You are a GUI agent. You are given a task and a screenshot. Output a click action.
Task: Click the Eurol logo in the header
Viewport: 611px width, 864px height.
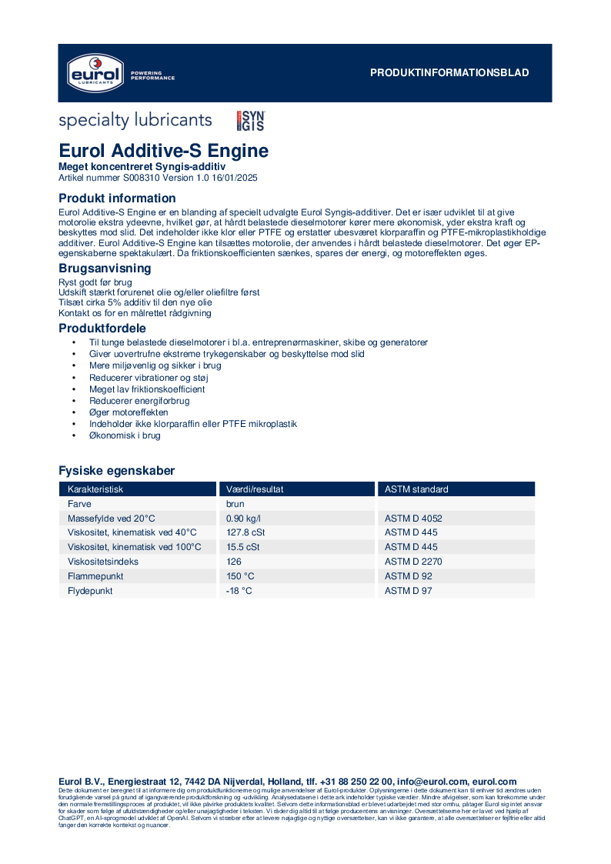(93, 72)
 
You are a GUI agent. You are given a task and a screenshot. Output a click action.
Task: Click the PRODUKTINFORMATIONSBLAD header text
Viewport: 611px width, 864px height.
(449, 73)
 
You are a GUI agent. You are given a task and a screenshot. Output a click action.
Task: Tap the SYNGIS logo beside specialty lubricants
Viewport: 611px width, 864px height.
(250, 121)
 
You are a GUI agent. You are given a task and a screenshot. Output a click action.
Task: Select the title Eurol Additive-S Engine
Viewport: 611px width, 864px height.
(164, 151)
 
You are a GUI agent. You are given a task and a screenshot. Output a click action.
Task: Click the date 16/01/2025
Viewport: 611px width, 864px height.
(233, 178)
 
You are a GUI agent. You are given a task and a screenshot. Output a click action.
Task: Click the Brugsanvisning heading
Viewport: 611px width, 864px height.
(105, 269)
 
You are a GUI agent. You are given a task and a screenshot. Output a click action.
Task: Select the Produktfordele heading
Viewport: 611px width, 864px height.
(102, 329)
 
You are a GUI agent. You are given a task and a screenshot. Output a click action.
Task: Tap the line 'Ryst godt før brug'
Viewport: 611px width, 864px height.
(95, 282)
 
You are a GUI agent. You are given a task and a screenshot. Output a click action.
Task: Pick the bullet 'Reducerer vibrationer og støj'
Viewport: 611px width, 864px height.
(149, 378)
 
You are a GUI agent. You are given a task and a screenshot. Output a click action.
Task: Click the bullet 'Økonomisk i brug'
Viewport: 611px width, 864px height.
(125, 435)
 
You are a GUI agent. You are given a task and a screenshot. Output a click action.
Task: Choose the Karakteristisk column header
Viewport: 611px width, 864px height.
(95, 489)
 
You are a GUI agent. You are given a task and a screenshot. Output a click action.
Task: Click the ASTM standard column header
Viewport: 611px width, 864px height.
(416, 489)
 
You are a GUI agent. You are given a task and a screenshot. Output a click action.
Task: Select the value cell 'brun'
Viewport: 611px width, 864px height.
(235, 504)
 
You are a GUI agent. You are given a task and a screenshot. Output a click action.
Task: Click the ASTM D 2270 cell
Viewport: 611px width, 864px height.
(413, 562)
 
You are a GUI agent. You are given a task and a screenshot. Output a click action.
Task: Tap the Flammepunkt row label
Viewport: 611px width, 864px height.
(95, 576)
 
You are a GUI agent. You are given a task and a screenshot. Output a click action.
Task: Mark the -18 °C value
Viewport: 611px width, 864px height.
(239, 591)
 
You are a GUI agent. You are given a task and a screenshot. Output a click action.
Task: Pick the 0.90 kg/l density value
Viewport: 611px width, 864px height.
(243, 519)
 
